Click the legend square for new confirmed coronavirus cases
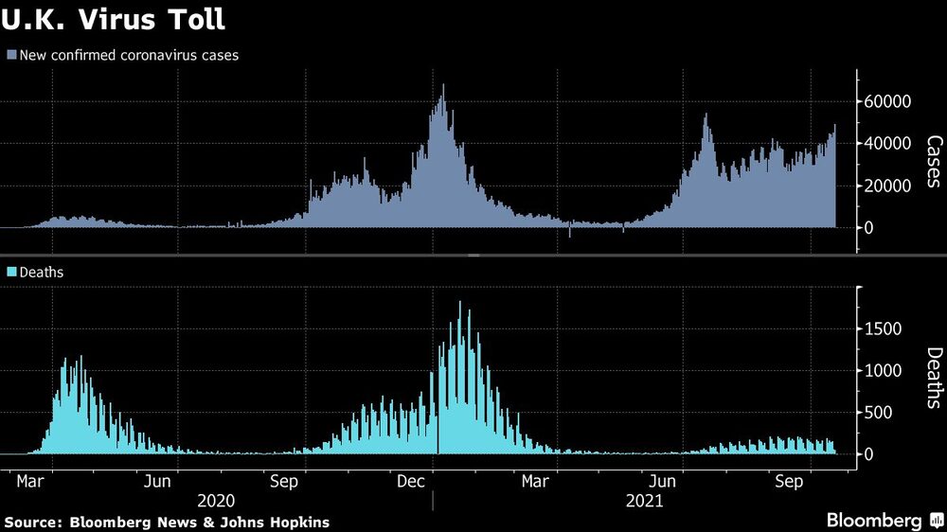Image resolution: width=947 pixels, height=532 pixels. click(11, 55)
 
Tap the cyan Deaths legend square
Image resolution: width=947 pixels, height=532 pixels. click(11, 272)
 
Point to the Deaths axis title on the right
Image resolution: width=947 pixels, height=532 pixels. click(933, 377)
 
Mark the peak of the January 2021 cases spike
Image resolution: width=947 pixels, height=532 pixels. click(443, 86)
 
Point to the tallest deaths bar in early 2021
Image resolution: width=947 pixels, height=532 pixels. click(460, 304)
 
